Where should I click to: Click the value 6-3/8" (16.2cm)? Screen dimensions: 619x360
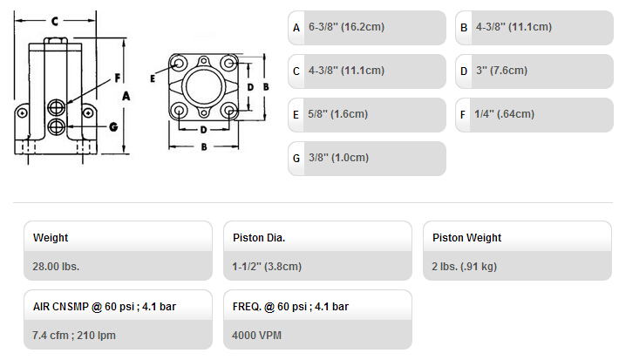[346, 27]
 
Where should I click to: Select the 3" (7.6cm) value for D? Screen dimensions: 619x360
[501, 71]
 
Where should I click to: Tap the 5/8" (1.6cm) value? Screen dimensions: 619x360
[337, 114]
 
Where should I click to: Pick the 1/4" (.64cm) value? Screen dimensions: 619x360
[504, 114]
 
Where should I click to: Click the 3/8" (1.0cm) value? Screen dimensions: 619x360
[338, 158]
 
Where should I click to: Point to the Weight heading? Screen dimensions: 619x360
[51, 238]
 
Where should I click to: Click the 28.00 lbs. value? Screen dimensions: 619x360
[56, 267]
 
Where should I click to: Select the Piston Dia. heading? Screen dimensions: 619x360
[259, 238]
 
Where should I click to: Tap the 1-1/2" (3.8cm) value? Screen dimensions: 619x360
[267, 267]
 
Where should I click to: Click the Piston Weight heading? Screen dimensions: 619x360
[466, 238]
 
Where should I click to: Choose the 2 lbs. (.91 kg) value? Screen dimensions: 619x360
[464, 267]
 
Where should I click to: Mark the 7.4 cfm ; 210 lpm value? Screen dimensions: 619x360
[74, 335]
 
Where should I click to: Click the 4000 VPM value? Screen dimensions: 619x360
[256, 335]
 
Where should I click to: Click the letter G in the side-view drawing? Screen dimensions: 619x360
[113, 126]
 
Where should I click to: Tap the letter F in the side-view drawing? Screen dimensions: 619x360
[117, 78]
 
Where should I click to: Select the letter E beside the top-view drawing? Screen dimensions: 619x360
[153, 78]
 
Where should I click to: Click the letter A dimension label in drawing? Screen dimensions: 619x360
[126, 96]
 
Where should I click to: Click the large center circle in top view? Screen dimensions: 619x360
[204, 87]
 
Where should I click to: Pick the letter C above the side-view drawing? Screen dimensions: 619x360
[55, 21]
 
